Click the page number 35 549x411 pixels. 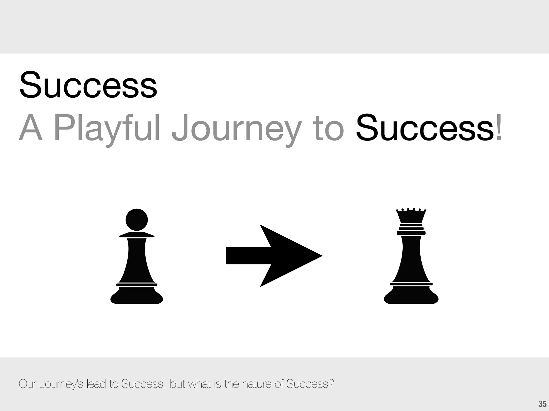[x=542, y=404]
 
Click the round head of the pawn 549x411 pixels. [x=137, y=220]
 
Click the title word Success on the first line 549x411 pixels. [x=88, y=85]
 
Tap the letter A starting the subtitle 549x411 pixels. [x=31, y=128]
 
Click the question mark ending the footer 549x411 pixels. [x=331, y=384]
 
